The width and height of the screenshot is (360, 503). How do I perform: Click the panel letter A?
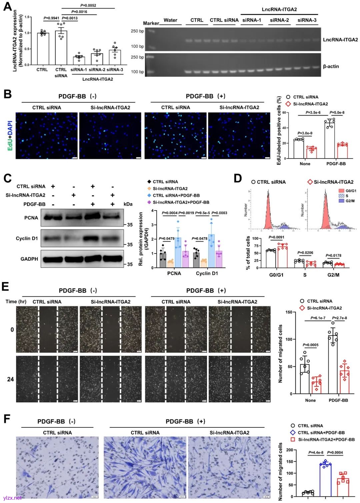tap(7, 6)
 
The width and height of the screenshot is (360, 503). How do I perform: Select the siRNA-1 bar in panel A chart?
tap(79, 60)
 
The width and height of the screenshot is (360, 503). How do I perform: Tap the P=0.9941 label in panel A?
tap(51, 18)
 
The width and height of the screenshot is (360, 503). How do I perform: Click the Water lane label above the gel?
tap(170, 20)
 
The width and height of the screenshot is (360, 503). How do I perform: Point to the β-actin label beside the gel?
tap(331, 67)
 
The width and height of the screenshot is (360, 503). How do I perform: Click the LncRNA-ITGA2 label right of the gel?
tap(340, 40)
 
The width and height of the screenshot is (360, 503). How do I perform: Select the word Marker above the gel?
tap(151, 23)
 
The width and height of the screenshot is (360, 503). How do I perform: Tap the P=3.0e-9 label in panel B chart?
tap(305, 133)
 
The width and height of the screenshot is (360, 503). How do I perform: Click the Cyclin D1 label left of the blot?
tap(27, 239)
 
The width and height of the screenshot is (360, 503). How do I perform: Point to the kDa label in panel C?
tap(128, 204)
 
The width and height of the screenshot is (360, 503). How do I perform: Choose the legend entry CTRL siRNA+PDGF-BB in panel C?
tap(176, 196)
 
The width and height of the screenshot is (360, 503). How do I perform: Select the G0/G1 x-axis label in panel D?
tap(276, 275)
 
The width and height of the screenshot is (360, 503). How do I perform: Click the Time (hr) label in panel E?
tap(16, 301)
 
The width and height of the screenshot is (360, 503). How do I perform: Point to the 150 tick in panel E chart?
tap(289, 312)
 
